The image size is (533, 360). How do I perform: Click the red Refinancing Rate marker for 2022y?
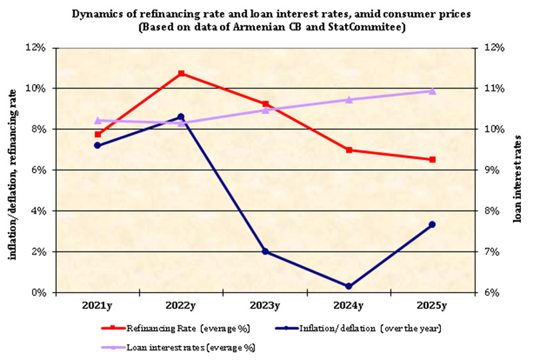point(181,73)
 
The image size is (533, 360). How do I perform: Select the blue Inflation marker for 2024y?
point(348,286)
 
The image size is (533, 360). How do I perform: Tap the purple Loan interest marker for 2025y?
point(432,91)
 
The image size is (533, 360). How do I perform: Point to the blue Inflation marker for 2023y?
point(265,251)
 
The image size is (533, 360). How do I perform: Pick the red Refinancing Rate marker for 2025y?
point(432,159)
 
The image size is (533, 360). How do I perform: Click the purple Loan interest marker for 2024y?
point(348,99)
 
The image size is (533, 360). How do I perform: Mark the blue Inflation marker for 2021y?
point(98,145)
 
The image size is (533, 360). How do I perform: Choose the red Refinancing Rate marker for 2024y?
point(348,150)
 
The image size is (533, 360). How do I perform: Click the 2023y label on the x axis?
point(265,306)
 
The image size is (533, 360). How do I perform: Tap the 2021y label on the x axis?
point(98,306)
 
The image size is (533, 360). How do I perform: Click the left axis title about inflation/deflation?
point(12,170)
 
